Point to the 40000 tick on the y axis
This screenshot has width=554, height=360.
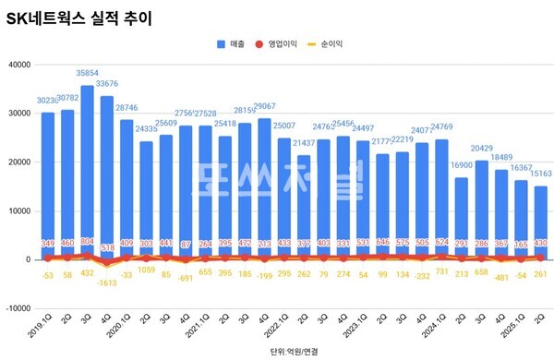18,64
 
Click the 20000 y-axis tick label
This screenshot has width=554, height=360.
18,162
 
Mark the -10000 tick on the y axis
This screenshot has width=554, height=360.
17,308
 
